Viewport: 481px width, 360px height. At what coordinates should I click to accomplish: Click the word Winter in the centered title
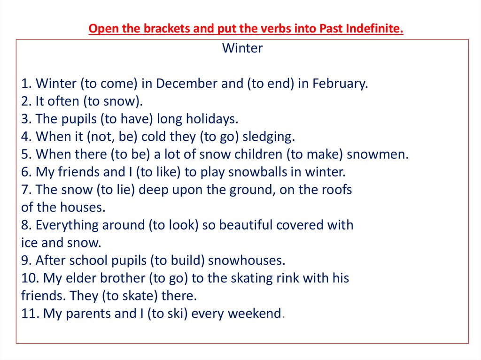pos(242,48)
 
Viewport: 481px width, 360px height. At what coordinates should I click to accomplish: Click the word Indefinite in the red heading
pos(374,29)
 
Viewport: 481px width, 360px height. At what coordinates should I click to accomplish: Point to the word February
pos(340,84)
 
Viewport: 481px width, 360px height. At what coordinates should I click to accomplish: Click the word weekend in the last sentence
pos(254,314)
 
